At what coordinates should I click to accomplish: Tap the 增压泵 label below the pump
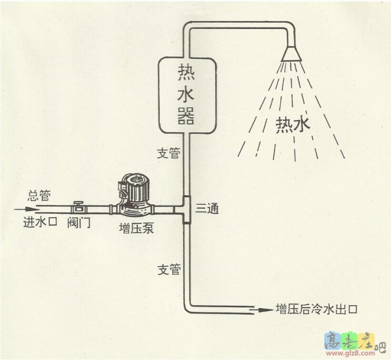tap(136, 228)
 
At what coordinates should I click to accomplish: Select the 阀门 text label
tap(78, 223)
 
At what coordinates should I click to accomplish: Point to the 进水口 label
tap(40, 222)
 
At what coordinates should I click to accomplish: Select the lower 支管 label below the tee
tap(169, 270)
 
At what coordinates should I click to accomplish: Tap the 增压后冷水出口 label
tap(316, 308)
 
